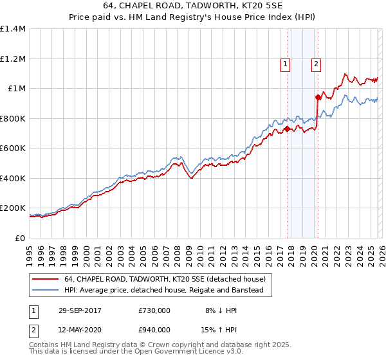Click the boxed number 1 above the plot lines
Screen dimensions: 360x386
(x=285, y=64)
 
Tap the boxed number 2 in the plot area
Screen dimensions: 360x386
(x=317, y=64)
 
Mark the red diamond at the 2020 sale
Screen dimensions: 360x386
(x=317, y=98)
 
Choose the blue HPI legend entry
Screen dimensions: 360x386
(x=167, y=291)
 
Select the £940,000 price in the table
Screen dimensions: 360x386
(x=154, y=329)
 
